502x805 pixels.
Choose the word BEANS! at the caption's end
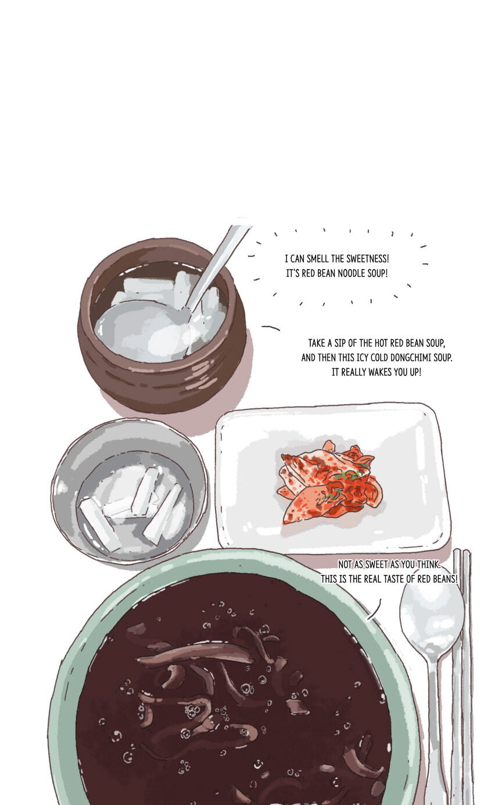click(x=446, y=578)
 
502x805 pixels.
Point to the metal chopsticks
click(x=462, y=675)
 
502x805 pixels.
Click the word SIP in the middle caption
click(x=340, y=343)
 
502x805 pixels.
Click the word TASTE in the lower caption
click(x=393, y=578)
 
